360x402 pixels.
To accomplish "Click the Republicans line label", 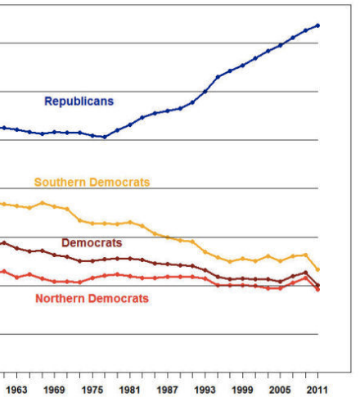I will coord(79,102).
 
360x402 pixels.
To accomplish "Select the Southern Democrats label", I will coord(92,183).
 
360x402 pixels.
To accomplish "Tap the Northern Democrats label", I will coord(92,299).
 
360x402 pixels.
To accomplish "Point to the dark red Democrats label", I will coord(92,243).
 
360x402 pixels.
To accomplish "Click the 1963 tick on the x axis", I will coord(17,391).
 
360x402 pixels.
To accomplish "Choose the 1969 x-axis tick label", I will coord(55,391).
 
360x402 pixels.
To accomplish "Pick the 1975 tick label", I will coord(92,391).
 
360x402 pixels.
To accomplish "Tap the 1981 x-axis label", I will coord(130,391).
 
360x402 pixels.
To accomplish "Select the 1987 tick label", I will coord(168,391).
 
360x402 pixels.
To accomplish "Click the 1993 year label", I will coord(205,391).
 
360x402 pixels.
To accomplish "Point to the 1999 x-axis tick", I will coord(243,391).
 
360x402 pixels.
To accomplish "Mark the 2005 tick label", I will coord(281,391).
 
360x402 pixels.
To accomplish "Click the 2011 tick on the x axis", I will coord(317,391).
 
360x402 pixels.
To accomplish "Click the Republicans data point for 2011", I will coord(317,25).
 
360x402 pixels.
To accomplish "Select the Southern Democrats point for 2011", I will coord(317,269).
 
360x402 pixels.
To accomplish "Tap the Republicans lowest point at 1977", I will coord(105,137).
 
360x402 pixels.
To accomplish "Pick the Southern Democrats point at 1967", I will coord(43,203).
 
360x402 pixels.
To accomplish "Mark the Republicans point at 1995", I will coord(218,77).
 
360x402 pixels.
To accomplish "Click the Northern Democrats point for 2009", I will coord(305,278).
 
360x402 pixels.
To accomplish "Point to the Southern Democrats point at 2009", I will coord(305,255).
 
